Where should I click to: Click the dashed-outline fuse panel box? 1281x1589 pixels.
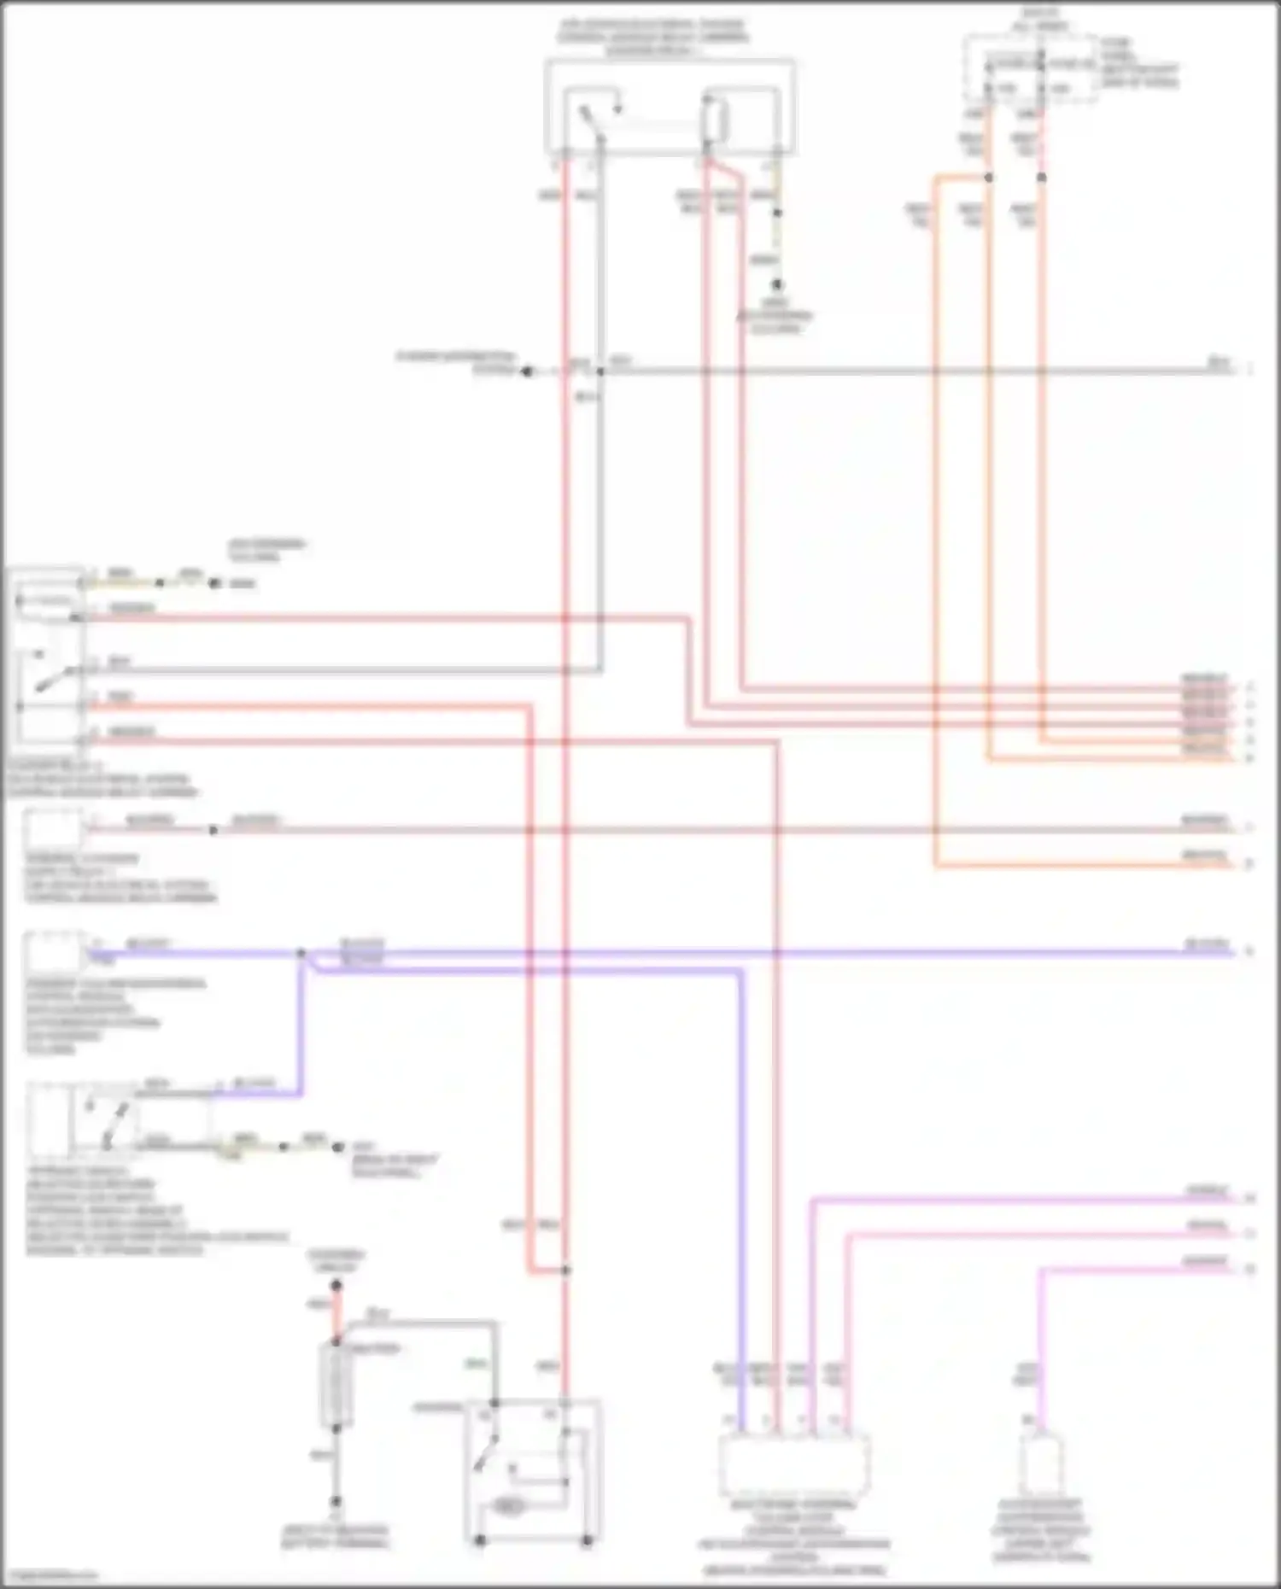point(1032,70)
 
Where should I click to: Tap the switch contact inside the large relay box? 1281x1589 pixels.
point(591,120)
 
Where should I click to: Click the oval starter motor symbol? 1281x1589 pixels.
point(509,1507)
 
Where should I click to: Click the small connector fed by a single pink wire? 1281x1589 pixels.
point(1041,1463)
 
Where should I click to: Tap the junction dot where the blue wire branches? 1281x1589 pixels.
point(301,953)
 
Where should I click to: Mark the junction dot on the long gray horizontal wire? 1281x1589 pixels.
point(600,371)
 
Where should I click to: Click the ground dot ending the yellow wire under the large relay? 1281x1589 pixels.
point(777,285)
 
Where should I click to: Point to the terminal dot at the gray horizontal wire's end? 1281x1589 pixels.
point(527,371)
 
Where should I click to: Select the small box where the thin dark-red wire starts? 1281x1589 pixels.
point(53,828)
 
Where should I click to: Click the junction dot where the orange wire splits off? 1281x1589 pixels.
point(989,178)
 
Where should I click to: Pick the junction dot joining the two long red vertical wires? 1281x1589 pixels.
point(565,1271)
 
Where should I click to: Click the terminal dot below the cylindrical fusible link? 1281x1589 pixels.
point(336,1501)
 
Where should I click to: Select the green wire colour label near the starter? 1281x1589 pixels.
point(476,1364)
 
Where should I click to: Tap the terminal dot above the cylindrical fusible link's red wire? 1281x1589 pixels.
point(336,1285)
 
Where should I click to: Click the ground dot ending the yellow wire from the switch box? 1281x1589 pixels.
point(338,1148)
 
